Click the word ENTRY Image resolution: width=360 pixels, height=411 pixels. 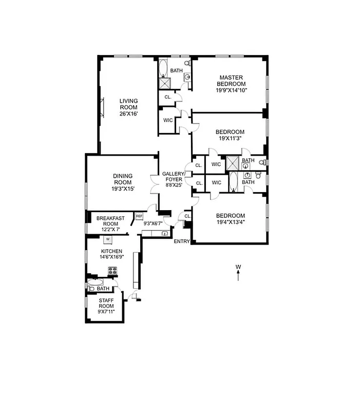coord(182,241)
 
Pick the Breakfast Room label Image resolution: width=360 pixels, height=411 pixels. coord(110,221)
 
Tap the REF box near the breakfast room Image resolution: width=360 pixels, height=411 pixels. coord(139,217)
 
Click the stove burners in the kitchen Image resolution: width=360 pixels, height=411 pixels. coord(113,271)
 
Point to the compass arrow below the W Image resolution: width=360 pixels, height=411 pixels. coord(238,276)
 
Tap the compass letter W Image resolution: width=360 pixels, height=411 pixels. coord(238,267)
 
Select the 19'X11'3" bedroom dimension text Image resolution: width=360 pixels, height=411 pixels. coord(230,138)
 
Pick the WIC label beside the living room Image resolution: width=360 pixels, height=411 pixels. coord(168,121)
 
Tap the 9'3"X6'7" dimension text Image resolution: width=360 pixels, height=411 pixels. coord(153,223)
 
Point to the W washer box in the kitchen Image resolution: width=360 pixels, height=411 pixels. coord(108,239)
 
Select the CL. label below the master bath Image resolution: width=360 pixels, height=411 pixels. coord(167,97)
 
